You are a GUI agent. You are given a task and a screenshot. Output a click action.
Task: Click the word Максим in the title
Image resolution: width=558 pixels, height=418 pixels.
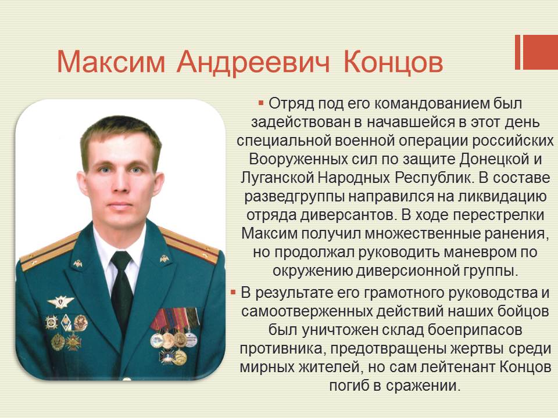tap(111, 62)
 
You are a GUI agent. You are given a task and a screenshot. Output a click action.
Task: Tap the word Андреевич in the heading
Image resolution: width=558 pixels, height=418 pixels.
tap(253, 62)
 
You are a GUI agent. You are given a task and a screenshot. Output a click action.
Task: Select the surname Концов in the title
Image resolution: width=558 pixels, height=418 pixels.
tap(394, 62)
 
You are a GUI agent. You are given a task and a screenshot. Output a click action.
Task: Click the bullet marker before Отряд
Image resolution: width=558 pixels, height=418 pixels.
tap(261, 103)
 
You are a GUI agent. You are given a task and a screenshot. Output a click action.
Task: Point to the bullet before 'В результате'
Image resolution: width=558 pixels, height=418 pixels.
tap(233, 293)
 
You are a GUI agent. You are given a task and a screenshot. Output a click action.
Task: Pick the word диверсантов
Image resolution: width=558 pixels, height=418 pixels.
tap(349, 215)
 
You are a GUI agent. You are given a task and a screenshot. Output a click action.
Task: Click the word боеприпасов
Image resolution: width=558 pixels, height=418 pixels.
tap(475, 330)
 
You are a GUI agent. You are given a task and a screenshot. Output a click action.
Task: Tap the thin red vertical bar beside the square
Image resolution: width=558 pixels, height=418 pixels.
tap(518, 52)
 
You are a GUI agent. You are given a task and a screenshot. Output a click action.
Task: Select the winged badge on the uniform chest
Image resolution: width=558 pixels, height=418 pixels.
tap(60, 302)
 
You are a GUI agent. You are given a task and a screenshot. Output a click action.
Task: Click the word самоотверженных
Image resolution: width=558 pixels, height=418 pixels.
tap(307, 311)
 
